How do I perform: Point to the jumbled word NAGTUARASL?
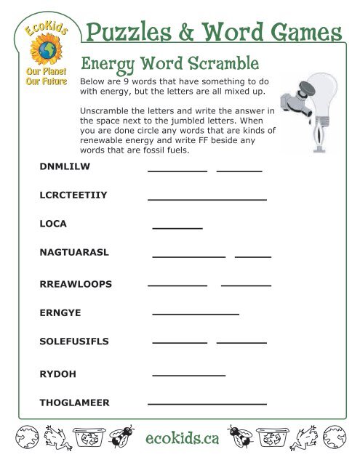click(x=73, y=252)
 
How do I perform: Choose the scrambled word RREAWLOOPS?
click(x=75, y=284)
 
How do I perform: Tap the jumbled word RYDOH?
click(x=57, y=374)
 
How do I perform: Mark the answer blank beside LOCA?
click(x=177, y=228)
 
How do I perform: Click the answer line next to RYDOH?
click(x=188, y=375)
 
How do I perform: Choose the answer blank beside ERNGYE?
click(x=195, y=314)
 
